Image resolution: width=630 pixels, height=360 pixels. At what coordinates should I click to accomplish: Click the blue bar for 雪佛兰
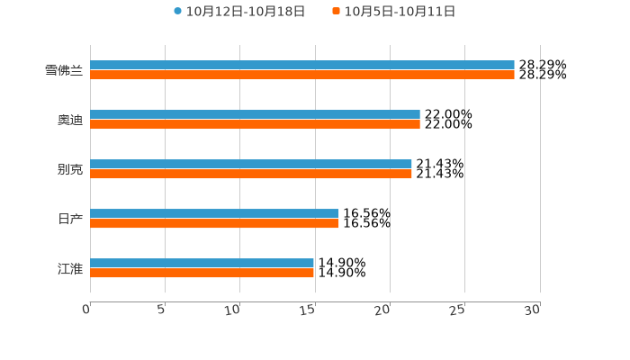click(302, 66)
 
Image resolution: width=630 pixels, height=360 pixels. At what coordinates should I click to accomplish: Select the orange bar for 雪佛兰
click(302, 76)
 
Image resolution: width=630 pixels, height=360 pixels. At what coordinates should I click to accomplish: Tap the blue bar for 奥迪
click(255, 115)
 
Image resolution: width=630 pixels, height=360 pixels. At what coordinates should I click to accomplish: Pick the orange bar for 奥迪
click(255, 125)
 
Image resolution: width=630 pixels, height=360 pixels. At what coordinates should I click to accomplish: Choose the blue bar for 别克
click(251, 165)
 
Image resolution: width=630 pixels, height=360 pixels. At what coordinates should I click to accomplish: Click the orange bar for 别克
click(251, 175)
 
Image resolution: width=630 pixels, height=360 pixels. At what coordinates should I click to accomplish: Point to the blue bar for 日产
click(214, 214)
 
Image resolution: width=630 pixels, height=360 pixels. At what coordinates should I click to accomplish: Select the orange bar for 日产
click(214, 224)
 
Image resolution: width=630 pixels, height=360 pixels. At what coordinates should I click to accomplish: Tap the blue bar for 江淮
click(202, 264)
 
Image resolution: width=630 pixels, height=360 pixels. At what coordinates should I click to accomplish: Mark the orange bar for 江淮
click(202, 274)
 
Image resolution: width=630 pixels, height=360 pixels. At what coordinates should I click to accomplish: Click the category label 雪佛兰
click(64, 70)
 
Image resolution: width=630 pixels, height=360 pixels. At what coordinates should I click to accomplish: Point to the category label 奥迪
click(70, 120)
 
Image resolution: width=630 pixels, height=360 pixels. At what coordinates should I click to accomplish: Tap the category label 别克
click(70, 169)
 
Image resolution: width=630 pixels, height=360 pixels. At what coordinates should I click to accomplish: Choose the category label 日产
click(70, 219)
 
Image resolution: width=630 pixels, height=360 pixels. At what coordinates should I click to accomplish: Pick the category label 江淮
click(70, 268)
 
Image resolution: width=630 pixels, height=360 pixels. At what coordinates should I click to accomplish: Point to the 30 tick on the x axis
click(534, 310)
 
